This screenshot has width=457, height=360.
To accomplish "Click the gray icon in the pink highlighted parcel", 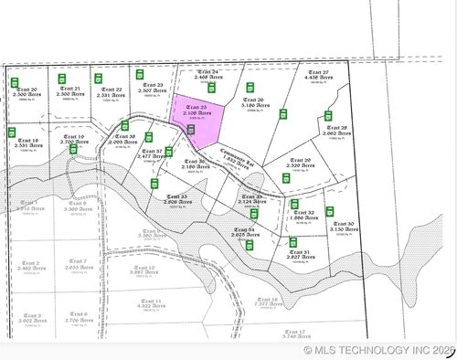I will click(191, 131).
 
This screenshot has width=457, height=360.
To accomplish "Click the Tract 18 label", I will click(27, 143).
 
